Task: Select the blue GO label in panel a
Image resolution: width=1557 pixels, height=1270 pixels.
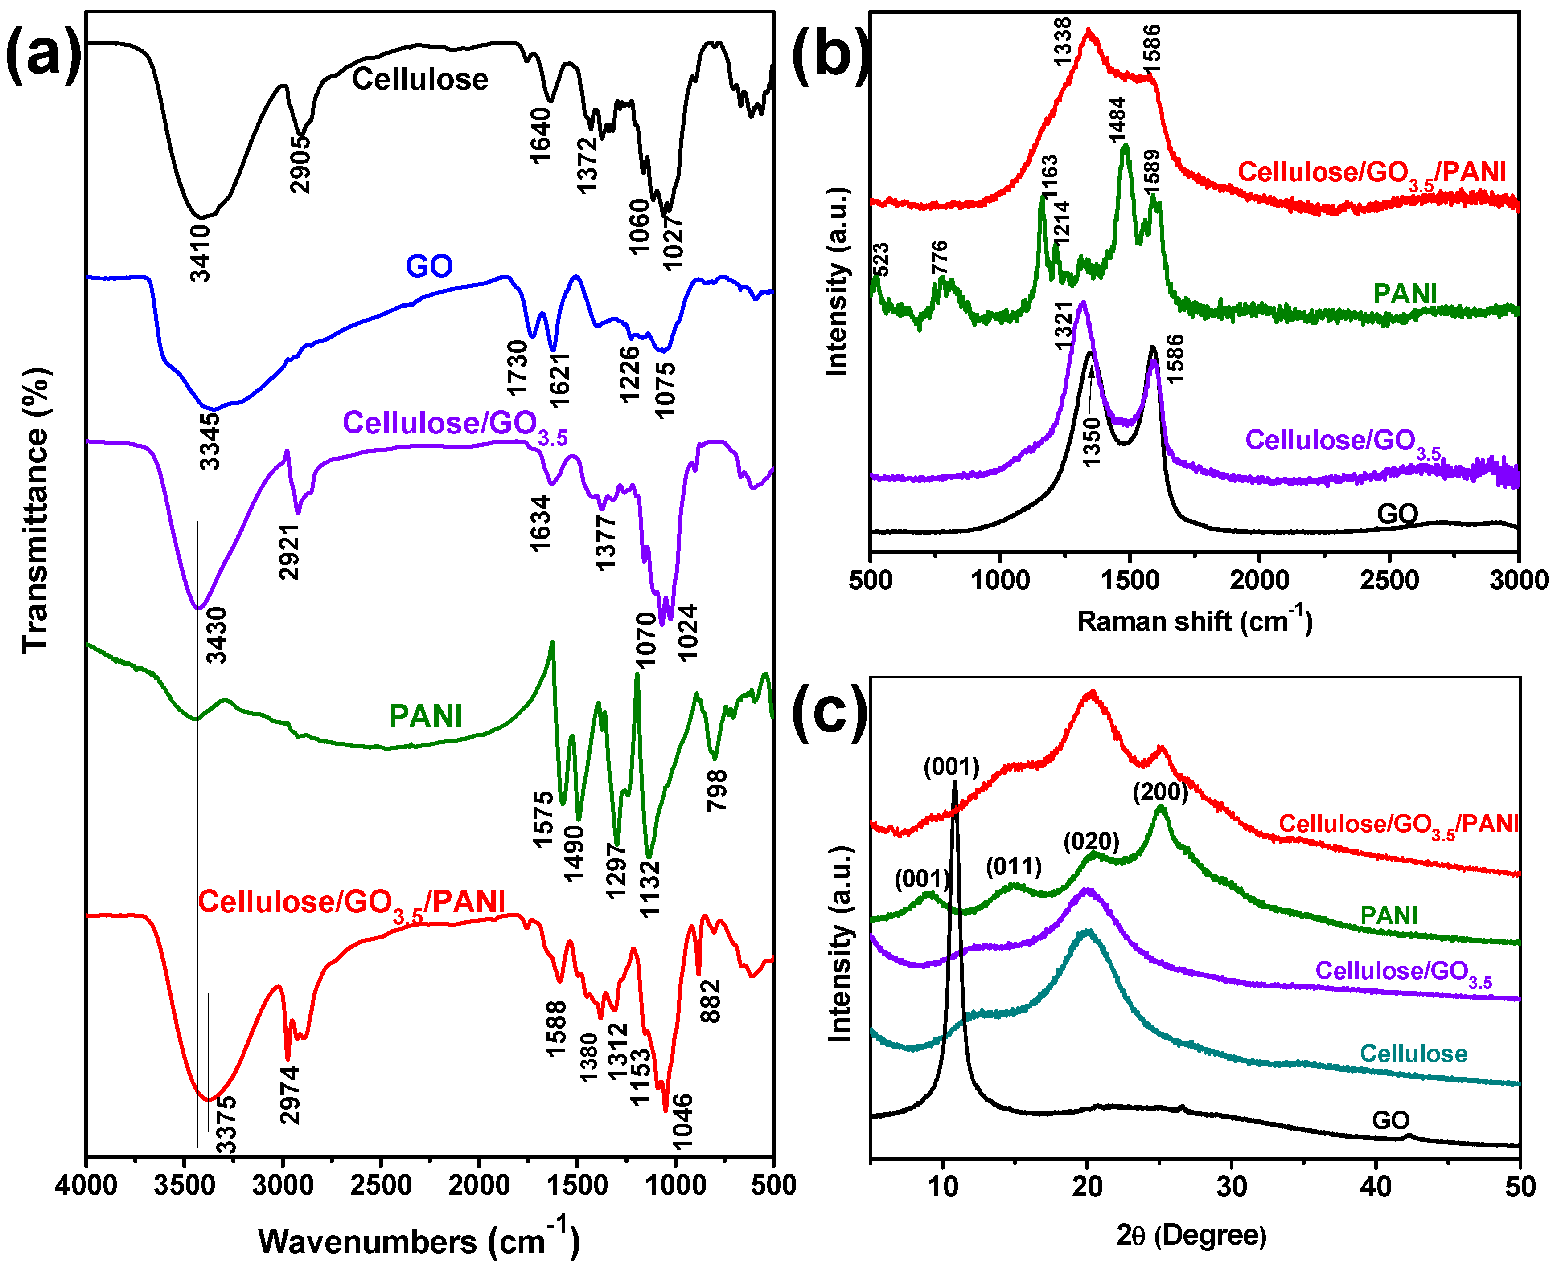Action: pyautogui.click(x=429, y=265)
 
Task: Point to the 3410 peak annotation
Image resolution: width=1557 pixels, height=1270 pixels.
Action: pyautogui.click(x=200, y=253)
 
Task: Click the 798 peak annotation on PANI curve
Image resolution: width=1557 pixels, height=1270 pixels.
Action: pyautogui.click(x=717, y=790)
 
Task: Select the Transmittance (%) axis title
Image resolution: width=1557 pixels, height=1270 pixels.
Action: pyautogui.click(x=35, y=509)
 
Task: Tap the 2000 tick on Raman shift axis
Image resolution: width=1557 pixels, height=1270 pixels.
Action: pyautogui.click(x=1259, y=580)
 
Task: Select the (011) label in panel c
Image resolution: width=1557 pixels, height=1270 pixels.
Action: pyautogui.click(x=1014, y=867)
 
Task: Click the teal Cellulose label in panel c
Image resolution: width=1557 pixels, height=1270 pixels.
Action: pyautogui.click(x=1413, y=1054)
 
